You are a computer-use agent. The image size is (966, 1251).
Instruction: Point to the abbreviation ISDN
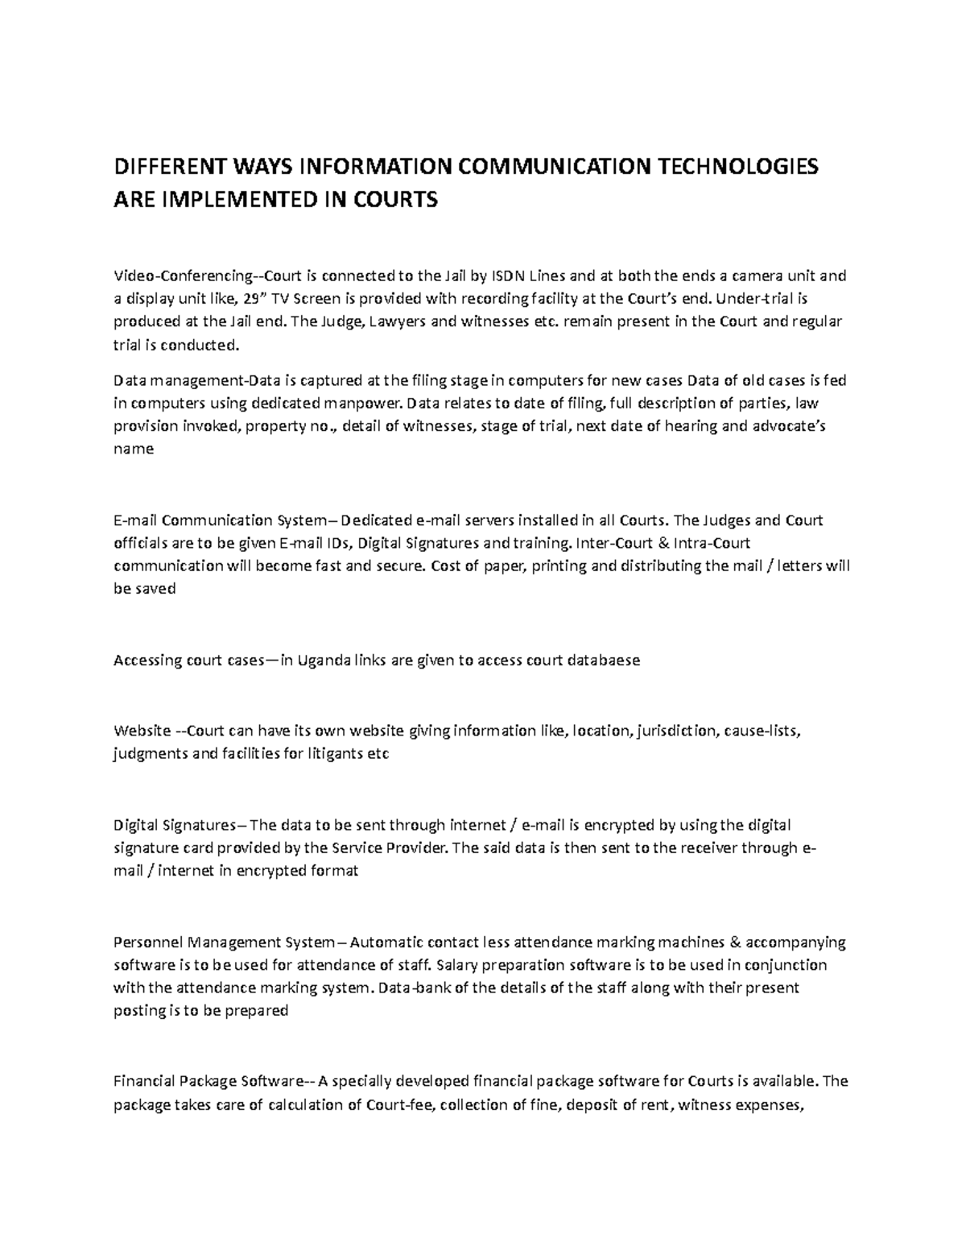coord(508,276)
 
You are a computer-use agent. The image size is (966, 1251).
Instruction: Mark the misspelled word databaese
coord(603,661)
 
